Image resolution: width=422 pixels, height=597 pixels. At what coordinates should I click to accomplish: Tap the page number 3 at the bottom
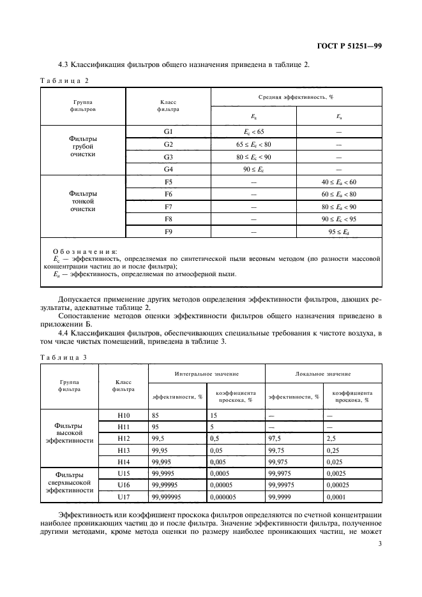pos(380,544)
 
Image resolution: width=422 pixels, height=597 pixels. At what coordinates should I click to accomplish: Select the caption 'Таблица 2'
pos(64,80)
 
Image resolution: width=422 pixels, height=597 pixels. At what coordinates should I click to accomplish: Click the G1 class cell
pos(168,131)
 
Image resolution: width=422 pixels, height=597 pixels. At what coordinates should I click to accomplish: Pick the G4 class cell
pos(168,169)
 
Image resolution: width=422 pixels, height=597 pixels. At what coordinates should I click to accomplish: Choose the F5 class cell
pos(168,182)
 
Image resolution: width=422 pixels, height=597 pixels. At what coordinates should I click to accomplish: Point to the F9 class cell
pos(168,232)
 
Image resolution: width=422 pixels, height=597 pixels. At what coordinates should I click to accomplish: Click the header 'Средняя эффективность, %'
pos(296,97)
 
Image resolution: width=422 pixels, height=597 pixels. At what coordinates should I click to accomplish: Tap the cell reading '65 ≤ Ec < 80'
pos(253,144)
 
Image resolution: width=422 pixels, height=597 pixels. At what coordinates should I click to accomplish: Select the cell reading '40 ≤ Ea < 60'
pos(338,182)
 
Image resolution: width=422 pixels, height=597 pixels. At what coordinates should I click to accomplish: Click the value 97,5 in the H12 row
pos(276,439)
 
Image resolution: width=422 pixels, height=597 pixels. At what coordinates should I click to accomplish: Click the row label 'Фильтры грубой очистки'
pos(83,146)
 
